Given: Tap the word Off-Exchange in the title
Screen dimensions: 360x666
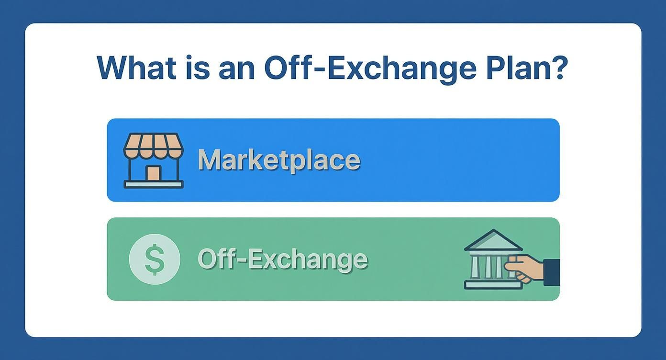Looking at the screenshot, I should click(370, 68).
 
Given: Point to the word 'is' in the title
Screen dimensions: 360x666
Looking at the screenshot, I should click(197, 68).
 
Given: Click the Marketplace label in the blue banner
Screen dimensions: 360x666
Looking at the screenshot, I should click(278, 160).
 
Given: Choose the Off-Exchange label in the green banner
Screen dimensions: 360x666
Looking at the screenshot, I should click(282, 259).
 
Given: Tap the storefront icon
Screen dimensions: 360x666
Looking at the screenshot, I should click(153, 160).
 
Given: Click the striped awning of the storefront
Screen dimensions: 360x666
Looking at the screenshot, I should click(153, 145).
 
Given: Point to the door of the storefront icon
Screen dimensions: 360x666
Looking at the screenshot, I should click(153, 173).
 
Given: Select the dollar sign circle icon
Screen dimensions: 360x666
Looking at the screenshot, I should click(155, 259).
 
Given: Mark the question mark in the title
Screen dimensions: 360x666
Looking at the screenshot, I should click(559, 68).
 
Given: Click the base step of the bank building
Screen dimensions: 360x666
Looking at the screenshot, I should click(493, 285).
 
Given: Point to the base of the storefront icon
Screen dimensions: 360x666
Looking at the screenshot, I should click(153, 184).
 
